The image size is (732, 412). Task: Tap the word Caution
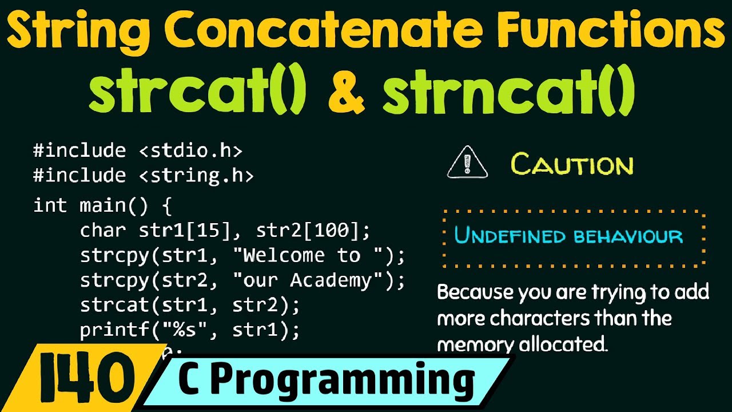pos(572,165)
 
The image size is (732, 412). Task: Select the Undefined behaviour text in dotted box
pos(568,236)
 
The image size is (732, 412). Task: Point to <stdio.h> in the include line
pos(190,151)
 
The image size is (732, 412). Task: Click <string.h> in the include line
pos(196,176)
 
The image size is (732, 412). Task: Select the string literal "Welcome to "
pos(307,255)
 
